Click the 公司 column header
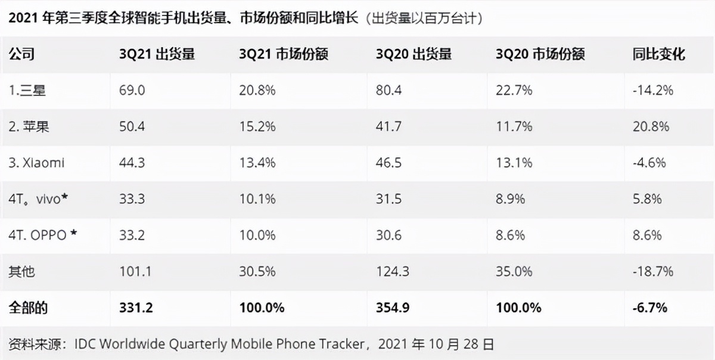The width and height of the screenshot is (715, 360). (21, 54)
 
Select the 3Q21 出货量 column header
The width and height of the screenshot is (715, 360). (157, 54)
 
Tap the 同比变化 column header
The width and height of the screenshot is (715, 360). (658, 54)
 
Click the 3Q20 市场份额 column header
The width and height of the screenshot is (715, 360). (540, 54)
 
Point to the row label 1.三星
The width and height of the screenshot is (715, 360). (27, 91)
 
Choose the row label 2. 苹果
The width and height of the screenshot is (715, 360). (29, 126)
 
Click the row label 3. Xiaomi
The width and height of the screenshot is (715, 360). (36, 163)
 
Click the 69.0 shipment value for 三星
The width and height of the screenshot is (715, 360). (132, 91)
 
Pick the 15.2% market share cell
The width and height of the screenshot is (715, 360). (257, 126)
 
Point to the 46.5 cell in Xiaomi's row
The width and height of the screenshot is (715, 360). (388, 163)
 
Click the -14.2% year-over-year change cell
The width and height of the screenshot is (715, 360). (652, 91)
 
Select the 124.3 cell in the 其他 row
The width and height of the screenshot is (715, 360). (392, 271)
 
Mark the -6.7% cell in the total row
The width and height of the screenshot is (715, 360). (649, 308)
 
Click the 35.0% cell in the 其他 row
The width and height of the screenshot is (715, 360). (514, 271)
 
